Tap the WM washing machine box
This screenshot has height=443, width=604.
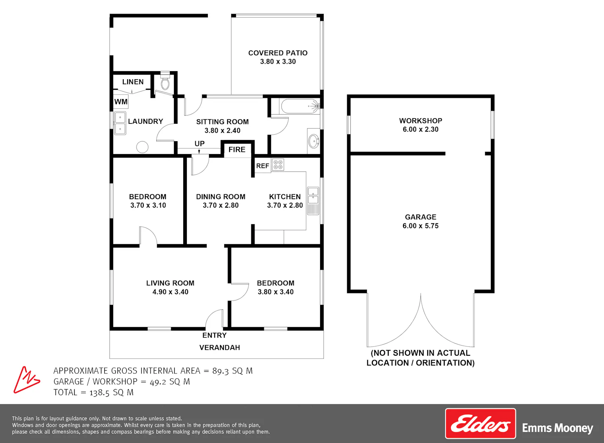pos(120,101)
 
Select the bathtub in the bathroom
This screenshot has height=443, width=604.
pos(300,106)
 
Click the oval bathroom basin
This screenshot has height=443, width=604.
pos(314,141)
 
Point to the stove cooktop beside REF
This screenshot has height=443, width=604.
pos(278,165)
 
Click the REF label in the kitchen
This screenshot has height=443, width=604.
pos(263,166)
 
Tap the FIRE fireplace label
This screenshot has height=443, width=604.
pos(237,150)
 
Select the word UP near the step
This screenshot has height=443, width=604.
pos(200,144)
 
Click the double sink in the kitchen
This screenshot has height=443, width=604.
pos(313,201)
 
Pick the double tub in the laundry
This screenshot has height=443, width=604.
pos(120,123)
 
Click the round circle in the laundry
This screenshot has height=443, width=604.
pos(142,147)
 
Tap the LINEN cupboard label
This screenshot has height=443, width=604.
pos(132,82)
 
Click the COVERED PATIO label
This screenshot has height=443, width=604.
pos(278,53)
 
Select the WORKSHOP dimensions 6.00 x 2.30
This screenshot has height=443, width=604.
pos(420,129)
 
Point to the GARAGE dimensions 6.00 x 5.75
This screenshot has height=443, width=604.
pos(420,226)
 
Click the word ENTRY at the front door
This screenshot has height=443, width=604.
pos(214,335)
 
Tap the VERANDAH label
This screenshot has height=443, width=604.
pos(219,348)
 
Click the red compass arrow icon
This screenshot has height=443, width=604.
pos(27,379)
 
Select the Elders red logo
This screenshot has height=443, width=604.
pos(480,424)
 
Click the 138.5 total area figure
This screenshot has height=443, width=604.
pos(99,393)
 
